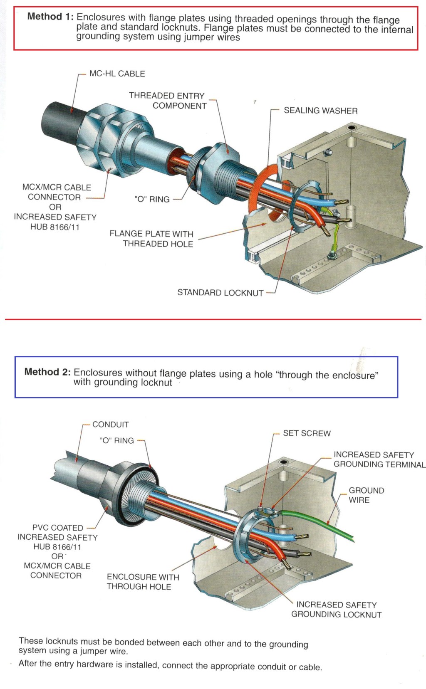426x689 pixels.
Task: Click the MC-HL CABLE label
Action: (x=117, y=74)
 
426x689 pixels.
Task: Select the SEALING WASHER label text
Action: (x=320, y=111)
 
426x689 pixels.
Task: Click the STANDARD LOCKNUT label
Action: (x=220, y=293)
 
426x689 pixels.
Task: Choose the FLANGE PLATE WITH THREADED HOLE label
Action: (x=152, y=239)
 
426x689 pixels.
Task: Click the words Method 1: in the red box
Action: (x=50, y=17)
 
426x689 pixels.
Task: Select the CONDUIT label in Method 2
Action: (x=110, y=425)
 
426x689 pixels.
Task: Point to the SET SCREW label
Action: (x=307, y=433)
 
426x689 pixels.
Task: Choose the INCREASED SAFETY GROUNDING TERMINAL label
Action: (x=379, y=459)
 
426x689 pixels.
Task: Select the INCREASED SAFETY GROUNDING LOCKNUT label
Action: (x=336, y=610)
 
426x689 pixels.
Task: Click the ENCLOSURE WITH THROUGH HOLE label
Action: (x=143, y=582)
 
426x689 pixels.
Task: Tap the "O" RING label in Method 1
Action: (x=152, y=199)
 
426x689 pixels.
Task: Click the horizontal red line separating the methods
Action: (x=213, y=319)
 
